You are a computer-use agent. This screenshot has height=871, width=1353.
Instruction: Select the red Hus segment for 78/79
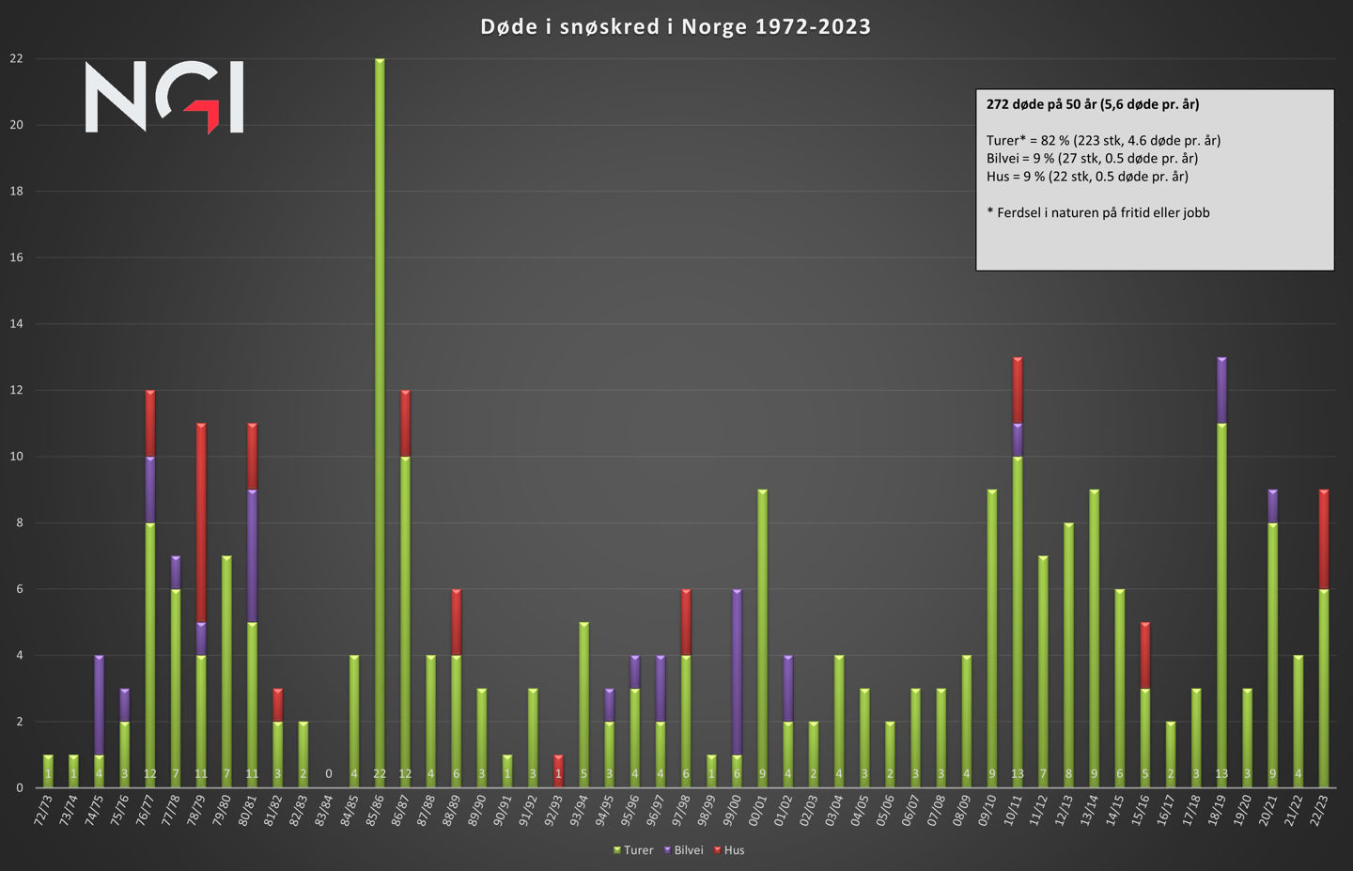[x=201, y=522]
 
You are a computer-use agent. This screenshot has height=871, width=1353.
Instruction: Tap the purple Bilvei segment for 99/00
[x=737, y=672]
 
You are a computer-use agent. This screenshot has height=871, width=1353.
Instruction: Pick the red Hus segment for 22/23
[x=1324, y=539]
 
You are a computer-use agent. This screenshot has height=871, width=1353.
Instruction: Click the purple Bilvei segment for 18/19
[x=1221, y=390]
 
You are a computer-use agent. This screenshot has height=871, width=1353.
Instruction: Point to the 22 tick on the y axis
[x=16, y=58]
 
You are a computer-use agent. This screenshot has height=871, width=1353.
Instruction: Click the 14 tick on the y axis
[x=16, y=324]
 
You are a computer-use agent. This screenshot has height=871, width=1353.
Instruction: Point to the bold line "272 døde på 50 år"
[x=1093, y=104]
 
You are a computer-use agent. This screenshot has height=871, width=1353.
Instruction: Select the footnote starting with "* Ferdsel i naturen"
[x=1098, y=212]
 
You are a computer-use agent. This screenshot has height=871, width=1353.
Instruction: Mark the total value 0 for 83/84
[x=329, y=774]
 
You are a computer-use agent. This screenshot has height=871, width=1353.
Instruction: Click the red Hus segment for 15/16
[x=1145, y=655]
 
